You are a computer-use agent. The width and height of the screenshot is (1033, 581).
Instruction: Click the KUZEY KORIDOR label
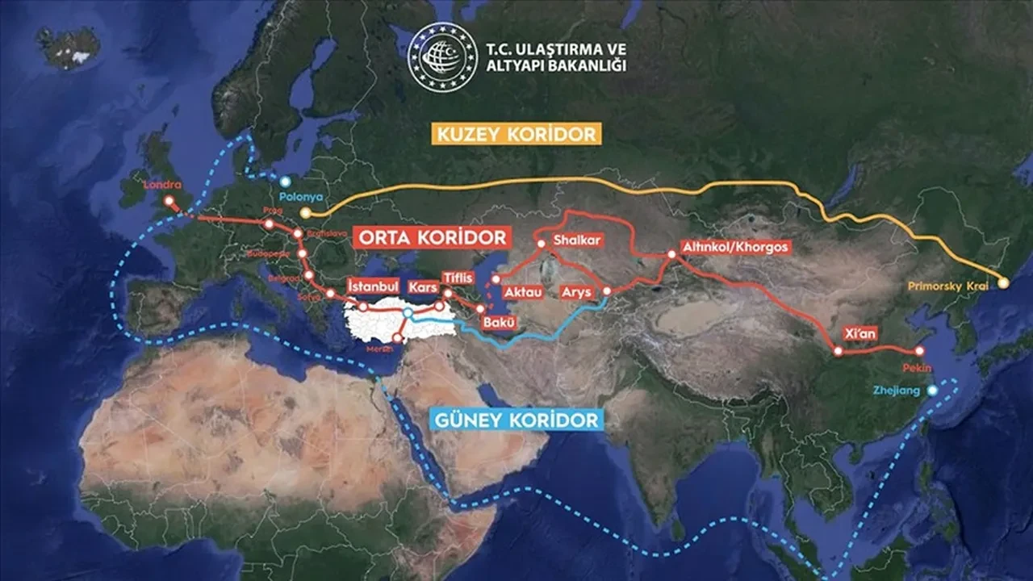pos(516,133)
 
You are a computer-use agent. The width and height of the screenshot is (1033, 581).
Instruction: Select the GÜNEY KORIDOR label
pos(516,420)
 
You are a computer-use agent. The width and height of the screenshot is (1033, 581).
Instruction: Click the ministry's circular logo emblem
pos(442,56)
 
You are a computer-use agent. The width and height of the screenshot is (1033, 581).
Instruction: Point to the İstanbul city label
pos(373,286)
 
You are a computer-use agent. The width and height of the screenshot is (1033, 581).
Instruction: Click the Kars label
pos(424,287)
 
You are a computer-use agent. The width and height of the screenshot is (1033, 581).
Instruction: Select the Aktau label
pos(522,292)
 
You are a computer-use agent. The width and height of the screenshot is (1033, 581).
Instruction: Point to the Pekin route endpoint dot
pos(919,351)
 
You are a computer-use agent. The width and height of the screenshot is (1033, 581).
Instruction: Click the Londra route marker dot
pos(169,200)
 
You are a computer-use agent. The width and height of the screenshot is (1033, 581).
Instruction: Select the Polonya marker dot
pos(285,182)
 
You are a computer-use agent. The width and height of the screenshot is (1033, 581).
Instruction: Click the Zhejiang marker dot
pos(933,391)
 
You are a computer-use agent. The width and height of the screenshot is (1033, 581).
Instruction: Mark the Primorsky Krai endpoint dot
pos(1004,282)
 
